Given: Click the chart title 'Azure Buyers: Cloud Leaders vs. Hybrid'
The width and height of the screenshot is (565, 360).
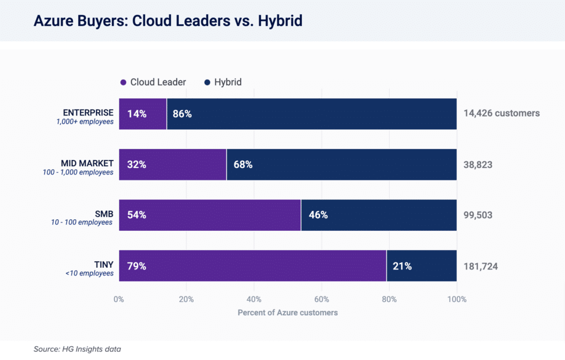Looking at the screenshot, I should [168, 21].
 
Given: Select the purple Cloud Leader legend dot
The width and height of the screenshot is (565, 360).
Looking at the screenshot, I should [124, 82].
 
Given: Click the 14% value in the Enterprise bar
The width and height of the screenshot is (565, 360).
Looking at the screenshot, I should [137, 114].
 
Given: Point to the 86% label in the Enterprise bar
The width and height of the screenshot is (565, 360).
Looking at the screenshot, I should [182, 114].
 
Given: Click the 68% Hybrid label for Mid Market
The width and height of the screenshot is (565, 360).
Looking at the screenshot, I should [243, 165].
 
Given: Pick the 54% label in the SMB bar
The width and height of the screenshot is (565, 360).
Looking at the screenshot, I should [137, 215].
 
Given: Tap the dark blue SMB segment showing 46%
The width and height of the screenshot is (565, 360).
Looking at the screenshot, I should [379, 215].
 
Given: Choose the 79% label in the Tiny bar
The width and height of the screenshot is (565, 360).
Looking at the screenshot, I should [137, 266].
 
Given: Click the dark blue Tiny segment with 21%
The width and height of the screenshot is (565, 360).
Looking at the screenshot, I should [422, 266].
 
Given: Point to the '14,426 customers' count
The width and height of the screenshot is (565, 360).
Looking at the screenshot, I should [501, 114].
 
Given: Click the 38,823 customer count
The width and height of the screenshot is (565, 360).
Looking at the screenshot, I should [478, 165].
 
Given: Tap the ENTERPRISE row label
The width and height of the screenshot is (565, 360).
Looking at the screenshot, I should [88, 113].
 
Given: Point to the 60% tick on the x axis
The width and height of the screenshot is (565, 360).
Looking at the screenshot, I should [322, 299].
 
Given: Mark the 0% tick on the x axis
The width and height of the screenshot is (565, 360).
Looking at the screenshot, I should [119, 299].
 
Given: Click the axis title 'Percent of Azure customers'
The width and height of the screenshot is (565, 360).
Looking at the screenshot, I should [287, 313].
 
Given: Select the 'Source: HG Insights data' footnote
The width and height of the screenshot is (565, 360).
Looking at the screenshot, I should [77, 349].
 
